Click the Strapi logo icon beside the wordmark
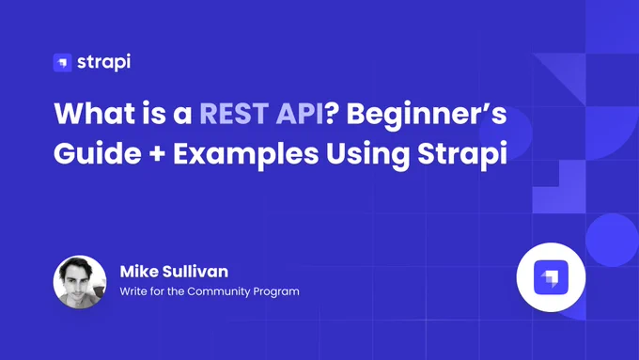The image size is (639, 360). (62, 62)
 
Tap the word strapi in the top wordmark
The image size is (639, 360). (104, 62)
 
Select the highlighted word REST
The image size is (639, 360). (234, 113)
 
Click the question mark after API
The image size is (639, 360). (332, 113)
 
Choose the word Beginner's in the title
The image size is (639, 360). (427, 116)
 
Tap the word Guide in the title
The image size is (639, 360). (98, 154)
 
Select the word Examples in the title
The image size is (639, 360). (246, 156)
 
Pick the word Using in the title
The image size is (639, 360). (367, 156)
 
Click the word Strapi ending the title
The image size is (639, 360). (462, 156)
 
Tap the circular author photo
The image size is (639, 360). (80, 282)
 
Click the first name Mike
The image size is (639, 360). (139, 272)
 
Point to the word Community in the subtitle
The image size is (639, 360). (218, 292)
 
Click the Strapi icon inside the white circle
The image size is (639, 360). (551, 277)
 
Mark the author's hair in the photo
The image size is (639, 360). (77, 265)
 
